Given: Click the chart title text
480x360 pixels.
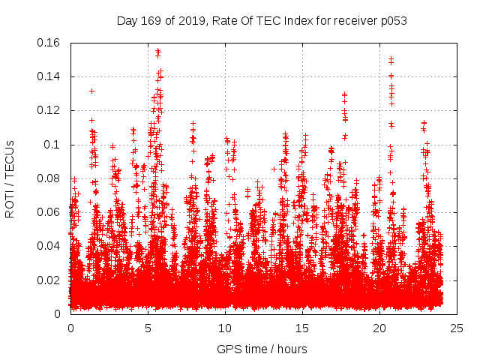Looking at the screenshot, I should pyautogui.click(x=262, y=20).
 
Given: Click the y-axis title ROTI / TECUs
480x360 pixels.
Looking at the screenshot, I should pyautogui.click(x=10, y=178).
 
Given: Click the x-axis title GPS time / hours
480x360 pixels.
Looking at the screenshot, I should pyautogui.click(x=262, y=349).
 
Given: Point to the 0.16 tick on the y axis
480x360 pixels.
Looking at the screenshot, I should pyautogui.click(x=49, y=43).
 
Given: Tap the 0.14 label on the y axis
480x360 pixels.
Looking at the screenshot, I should pyautogui.click(x=49, y=76).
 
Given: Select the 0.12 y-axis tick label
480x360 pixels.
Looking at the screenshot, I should pyautogui.click(x=49, y=110).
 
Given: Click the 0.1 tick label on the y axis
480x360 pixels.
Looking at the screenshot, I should pyautogui.click(x=52, y=145).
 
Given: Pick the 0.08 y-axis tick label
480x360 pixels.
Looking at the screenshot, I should pyautogui.click(x=49, y=178).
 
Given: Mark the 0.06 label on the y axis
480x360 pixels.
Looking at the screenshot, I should pyautogui.click(x=49, y=212).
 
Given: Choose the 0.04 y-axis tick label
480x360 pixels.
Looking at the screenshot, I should pyautogui.click(x=49, y=246).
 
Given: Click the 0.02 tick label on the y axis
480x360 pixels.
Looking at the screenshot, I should pyautogui.click(x=49, y=280).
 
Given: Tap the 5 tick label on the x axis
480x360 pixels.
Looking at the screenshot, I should pyautogui.click(x=148, y=328).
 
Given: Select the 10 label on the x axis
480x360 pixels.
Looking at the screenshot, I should pyautogui.click(x=225, y=328).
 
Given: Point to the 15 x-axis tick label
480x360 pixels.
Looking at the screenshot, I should pyautogui.click(x=302, y=328).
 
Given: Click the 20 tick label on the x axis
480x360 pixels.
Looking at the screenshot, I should pyautogui.click(x=379, y=328).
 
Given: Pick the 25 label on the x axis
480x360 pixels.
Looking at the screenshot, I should pyautogui.click(x=457, y=328).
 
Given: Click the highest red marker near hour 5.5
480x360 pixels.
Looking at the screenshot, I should pyautogui.click(x=157, y=51).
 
